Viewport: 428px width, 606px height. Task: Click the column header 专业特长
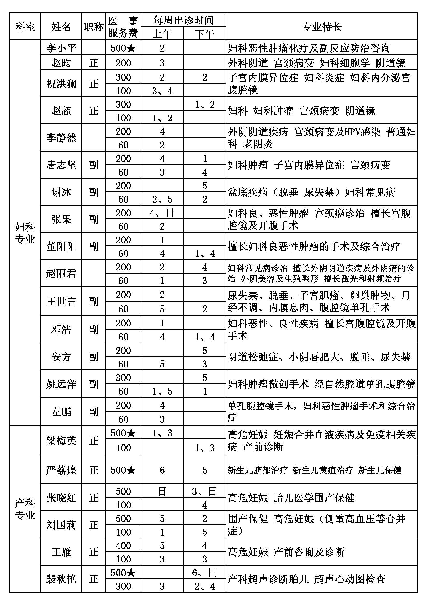click(x=322, y=27)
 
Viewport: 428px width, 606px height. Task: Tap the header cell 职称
click(x=93, y=27)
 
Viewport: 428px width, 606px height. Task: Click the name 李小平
click(x=61, y=48)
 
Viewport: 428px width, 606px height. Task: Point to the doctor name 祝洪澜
click(x=61, y=84)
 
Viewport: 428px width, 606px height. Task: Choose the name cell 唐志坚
click(x=61, y=165)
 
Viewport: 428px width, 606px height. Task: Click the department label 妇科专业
click(x=25, y=233)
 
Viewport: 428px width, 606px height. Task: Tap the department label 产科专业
click(x=25, y=509)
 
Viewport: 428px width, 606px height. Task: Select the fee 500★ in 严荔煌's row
click(x=123, y=470)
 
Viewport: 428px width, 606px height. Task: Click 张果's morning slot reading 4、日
click(x=162, y=213)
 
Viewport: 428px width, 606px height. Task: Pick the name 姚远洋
click(x=61, y=384)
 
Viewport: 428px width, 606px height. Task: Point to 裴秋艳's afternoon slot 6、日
click(x=204, y=573)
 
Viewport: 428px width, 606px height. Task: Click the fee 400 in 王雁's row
click(x=123, y=545)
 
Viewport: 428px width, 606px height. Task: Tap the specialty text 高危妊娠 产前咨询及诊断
click(x=286, y=552)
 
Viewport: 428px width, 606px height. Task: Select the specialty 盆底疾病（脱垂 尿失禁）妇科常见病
click(x=311, y=192)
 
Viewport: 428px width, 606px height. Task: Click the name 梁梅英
click(x=61, y=440)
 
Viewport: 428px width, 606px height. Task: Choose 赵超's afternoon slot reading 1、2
click(x=204, y=104)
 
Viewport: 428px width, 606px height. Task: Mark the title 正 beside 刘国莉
click(x=93, y=525)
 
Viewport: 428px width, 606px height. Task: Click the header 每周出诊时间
click(x=183, y=20)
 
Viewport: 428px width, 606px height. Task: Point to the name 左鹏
click(x=61, y=411)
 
